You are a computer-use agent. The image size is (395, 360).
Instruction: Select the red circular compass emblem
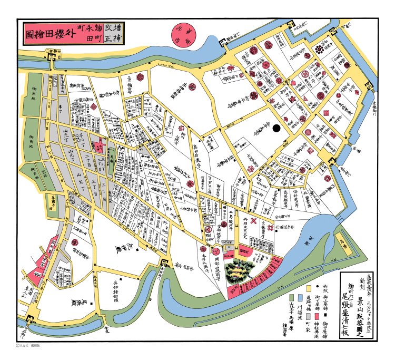pos(184,34)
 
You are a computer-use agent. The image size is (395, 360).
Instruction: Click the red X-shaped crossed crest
pos(254,221)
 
